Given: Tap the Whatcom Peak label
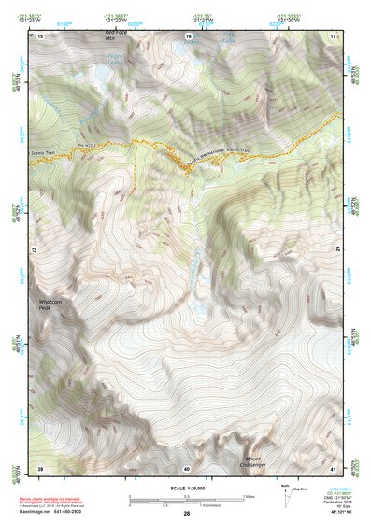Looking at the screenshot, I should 50,305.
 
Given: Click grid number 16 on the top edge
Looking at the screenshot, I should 188,35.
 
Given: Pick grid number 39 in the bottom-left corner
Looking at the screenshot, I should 40,467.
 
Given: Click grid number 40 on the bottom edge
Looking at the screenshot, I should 187,467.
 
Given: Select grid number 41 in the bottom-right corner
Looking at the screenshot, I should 334,467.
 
